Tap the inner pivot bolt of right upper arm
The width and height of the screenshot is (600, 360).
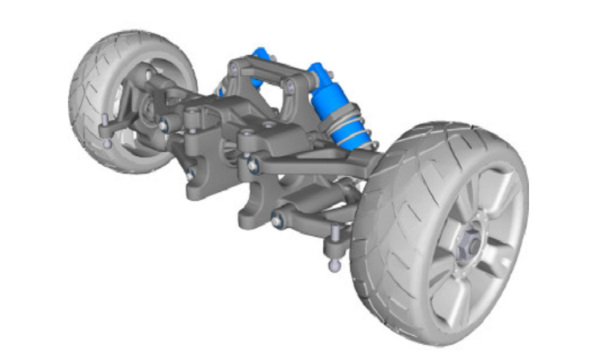click(253, 165)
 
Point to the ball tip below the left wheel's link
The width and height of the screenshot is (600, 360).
click(107, 144)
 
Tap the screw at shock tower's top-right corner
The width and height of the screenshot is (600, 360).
click(291, 83)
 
